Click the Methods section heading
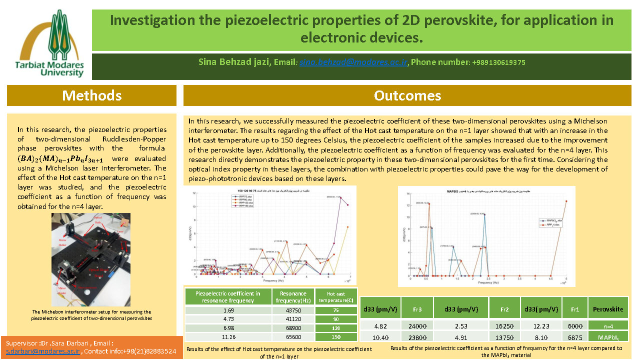pos(91,95)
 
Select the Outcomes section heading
pos(407,95)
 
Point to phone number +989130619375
pos(498,62)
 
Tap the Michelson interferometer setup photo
pos(91,259)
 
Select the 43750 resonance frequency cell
pos(293,310)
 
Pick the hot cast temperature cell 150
pos(336,337)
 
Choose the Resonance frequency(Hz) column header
pos(293,296)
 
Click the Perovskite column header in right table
pos(608,309)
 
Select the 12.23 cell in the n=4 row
pos(541,325)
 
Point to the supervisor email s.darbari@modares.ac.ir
pos(42,351)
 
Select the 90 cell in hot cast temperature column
pos(336,319)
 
